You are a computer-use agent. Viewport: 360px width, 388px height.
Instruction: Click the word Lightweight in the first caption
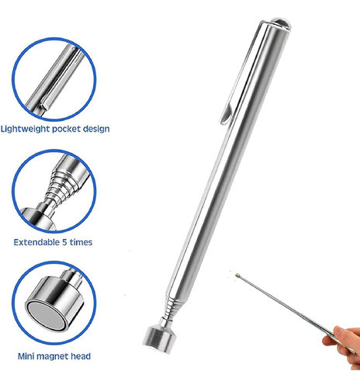click(31, 129)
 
